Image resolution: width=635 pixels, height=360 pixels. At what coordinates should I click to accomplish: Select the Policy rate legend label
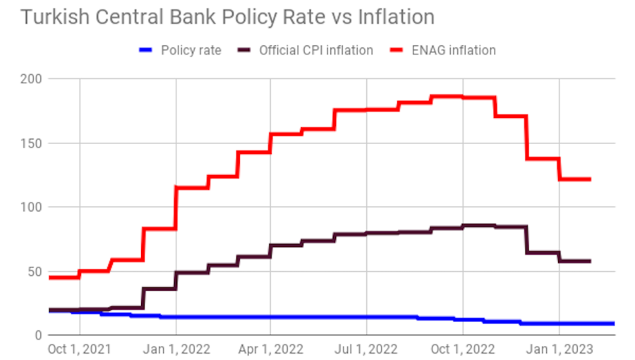pyautogui.click(x=190, y=50)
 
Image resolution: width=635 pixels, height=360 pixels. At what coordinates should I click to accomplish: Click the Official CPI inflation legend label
pyautogui.click(x=315, y=50)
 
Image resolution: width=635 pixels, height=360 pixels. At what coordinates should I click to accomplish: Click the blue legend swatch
pyautogui.click(x=146, y=50)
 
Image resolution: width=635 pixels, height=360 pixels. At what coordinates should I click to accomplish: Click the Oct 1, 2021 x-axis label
pyautogui.click(x=80, y=349)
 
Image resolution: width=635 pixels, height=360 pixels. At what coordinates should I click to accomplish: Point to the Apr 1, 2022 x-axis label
pyautogui.click(x=270, y=349)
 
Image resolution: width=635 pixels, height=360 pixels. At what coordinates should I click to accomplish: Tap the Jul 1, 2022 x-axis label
pyautogui.click(x=366, y=349)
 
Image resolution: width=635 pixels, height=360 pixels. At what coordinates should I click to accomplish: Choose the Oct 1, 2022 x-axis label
pyautogui.click(x=463, y=349)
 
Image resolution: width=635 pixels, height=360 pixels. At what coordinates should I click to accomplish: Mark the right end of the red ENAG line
pyautogui.click(x=590, y=179)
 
